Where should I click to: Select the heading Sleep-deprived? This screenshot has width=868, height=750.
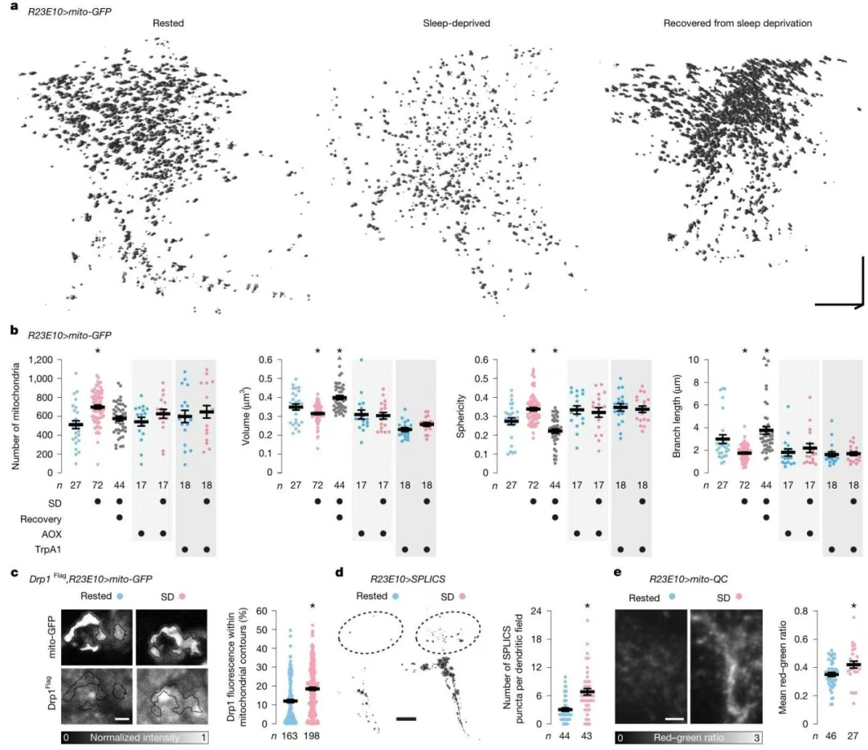(x=457, y=23)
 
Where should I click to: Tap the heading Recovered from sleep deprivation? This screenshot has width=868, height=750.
(x=737, y=23)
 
